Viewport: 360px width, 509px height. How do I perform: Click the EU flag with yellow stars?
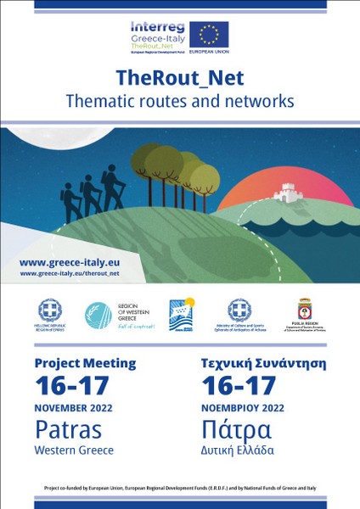209,34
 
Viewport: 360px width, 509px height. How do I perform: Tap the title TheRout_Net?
180,78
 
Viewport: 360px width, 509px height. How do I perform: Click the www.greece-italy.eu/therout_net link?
70,274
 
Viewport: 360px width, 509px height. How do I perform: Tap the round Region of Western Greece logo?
98,316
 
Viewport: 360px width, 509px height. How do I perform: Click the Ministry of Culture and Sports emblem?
239,310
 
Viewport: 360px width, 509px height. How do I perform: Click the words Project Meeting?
85,363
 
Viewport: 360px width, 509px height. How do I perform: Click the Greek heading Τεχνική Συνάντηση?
257,363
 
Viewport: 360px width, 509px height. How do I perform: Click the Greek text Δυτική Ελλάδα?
238,450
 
